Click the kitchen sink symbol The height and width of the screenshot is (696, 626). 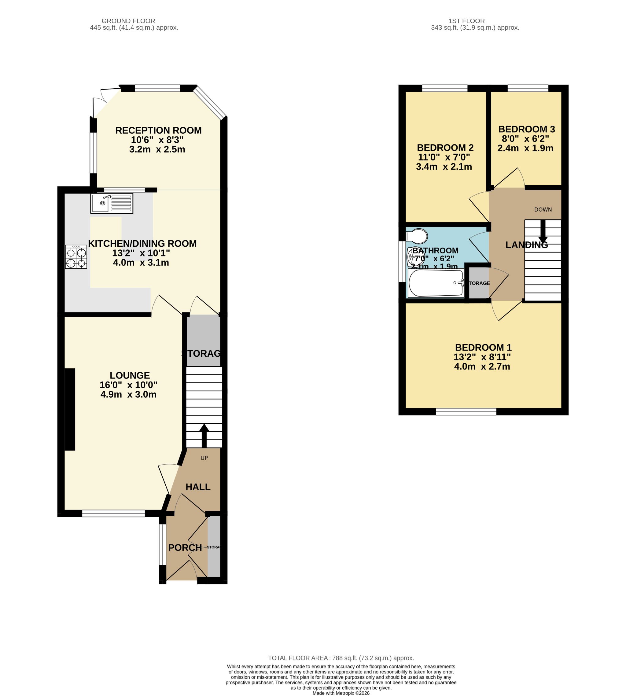coord(112,203)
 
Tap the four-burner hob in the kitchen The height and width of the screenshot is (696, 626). coord(76,256)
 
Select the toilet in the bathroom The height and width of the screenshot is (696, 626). coord(417,236)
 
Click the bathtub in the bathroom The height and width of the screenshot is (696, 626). coord(436,283)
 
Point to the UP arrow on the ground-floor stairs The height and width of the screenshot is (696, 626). coord(204,436)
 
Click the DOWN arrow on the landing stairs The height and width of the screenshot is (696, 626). coord(543,231)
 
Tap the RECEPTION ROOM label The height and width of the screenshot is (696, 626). coord(158,130)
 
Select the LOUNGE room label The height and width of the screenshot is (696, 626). coord(130,375)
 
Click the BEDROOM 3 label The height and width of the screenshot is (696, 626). coord(526,129)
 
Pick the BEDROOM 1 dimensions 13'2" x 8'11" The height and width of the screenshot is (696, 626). coord(482,357)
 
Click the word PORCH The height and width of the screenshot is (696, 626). coord(185,547)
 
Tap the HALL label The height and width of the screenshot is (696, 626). coord(198,487)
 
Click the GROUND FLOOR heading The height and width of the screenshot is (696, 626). coord(128,21)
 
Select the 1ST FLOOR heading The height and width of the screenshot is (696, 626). coord(466,21)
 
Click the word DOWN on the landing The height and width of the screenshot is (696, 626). coord(543,209)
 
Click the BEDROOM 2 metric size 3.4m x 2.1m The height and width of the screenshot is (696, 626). coord(444,167)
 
